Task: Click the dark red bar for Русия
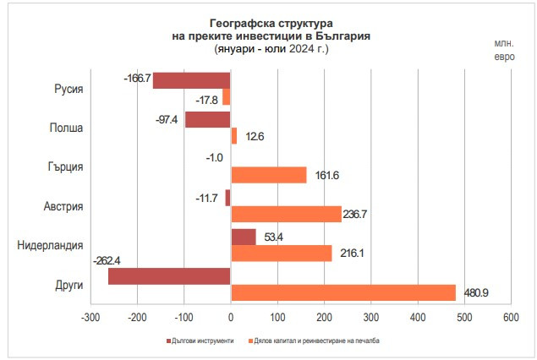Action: pos(191,80)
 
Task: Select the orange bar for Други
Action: pos(343,292)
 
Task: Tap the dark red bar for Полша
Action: pos(207,119)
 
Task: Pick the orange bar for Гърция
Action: pos(269,175)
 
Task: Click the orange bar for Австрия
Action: pos(286,214)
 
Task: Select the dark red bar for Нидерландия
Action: pos(244,237)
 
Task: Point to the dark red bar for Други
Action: pos(169,276)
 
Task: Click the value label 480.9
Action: pos(477,293)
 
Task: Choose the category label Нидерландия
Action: pos(50,245)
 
